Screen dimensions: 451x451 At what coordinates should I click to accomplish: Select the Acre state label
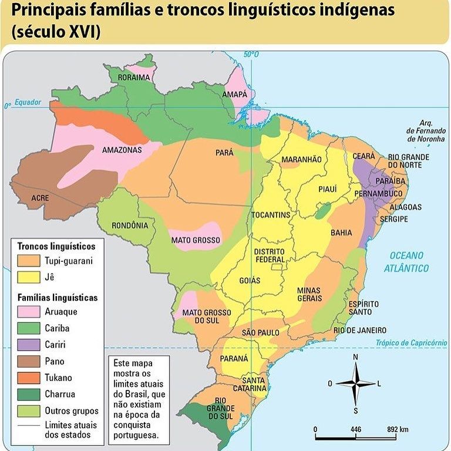(41, 198)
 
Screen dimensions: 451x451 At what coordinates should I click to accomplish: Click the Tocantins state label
(271, 215)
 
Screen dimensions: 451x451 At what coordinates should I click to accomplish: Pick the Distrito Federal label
(270, 255)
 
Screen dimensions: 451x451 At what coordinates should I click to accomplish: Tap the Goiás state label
(250, 281)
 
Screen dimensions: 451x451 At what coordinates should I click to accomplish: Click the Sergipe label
(393, 219)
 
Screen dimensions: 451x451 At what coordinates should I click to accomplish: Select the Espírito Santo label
(364, 308)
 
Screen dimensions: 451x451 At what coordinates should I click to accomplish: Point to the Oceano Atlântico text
(406, 262)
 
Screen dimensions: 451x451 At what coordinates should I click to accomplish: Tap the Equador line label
(28, 102)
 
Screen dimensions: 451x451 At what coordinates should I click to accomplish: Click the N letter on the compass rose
(355, 357)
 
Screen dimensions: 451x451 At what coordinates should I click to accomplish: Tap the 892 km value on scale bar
(398, 429)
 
